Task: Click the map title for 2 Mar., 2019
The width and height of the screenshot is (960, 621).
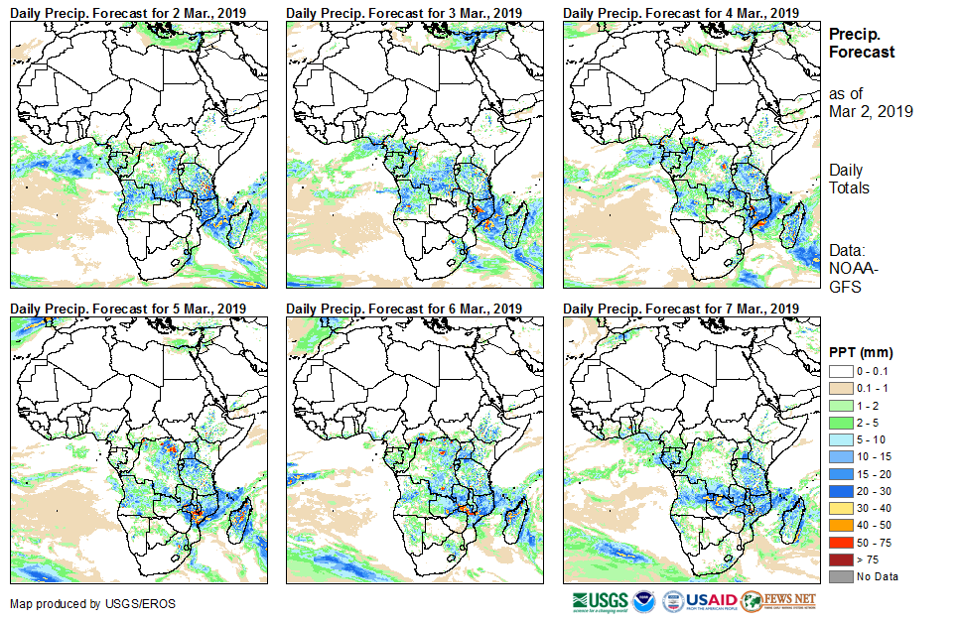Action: click(x=128, y=12)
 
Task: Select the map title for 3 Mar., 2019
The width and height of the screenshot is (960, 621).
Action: click(x=404, y=12)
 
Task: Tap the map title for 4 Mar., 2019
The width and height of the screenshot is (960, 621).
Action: click(x=681, y=12)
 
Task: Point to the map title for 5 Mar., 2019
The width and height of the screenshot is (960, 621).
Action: click(x=128, y=309)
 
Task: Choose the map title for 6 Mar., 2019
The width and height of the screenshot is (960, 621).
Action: click(x=404, y=309)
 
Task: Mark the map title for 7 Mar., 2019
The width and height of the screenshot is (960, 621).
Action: click(x=681, y=309)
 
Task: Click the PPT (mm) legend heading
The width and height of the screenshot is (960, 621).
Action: click(x=861, y=352)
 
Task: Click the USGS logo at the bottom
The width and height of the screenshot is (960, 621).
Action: click(x=600, y=601)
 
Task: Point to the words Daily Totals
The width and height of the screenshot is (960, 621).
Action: click(x=849, y=180)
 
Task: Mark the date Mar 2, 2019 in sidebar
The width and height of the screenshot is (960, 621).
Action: click(x=871, y=111)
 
